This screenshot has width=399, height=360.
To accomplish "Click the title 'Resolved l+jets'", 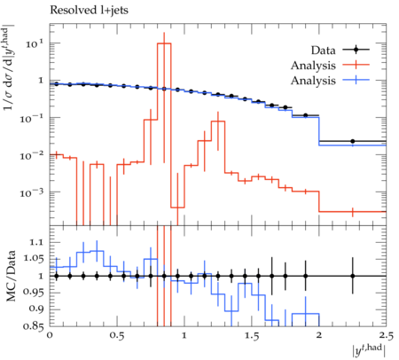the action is point(89,11).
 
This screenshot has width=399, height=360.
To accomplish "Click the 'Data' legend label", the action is point(323,51).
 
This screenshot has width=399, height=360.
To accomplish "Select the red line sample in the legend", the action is point(356,65).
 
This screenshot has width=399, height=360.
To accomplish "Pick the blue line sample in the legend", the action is point(356,80).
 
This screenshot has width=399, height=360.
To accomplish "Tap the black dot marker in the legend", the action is point(356,50).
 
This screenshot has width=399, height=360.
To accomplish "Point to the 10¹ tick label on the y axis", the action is point(35,44).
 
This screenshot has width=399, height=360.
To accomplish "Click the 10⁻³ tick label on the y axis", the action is point(32,193).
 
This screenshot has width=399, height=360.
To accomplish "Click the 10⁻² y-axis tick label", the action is point(32,156).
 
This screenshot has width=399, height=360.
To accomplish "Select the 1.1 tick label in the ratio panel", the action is point(37,243).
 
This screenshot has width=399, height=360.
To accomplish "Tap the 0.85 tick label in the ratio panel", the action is point(34,326).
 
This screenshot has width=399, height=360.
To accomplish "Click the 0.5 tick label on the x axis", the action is point(117,336).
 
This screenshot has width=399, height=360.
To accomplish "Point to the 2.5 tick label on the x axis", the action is point(386,336).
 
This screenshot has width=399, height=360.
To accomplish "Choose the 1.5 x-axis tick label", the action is point(252,336).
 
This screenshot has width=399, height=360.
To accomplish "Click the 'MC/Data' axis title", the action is point(11,276).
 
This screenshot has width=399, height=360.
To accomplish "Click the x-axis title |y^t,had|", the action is point(369,351).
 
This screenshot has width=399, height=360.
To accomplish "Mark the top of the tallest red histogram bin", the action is point(164,43).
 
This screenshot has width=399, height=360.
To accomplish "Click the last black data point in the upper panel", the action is point(353,141).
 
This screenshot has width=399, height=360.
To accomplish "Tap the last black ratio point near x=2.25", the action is point(353,276).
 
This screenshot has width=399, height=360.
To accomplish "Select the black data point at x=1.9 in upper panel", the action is point(306,115).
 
